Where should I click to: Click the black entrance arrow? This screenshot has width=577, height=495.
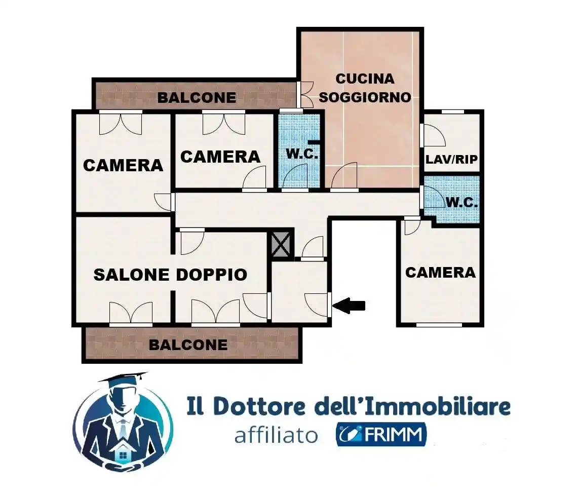coord(350,305)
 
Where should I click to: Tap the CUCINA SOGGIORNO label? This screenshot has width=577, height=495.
coord(365,88)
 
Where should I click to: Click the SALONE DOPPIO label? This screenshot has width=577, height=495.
coord(170,275)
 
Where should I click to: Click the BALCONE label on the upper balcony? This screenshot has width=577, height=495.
coord(197,97)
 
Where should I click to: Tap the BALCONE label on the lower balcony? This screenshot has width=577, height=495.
coord(188,345)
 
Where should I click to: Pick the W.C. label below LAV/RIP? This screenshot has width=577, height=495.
coord(461,202)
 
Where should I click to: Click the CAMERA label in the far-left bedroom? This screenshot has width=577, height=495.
coord(123,165)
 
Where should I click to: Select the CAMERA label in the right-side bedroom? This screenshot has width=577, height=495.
coord(440,272)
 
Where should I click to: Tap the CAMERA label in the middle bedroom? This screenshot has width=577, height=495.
coord(220,157)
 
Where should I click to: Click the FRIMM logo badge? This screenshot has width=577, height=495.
coord(381,435)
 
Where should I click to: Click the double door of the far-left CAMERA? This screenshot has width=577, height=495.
coord(121,124)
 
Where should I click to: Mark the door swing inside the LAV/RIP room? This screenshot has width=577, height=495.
coord(434,135)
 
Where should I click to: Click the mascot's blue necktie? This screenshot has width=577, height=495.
coord(123,429)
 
